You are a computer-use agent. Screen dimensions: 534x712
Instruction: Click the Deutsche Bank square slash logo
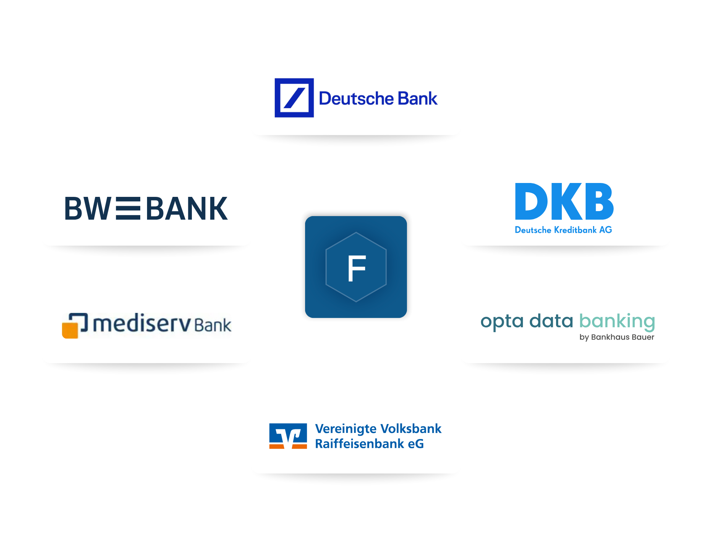294,98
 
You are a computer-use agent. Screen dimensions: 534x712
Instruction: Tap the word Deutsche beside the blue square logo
356,99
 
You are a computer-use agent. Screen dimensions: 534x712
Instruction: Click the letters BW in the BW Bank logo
88,208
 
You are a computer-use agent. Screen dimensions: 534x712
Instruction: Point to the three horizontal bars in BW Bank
128,208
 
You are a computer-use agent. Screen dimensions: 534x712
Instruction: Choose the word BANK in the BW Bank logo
187,208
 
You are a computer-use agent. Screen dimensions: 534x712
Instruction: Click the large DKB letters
564,201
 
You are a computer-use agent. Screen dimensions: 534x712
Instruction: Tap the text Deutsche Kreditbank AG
563,230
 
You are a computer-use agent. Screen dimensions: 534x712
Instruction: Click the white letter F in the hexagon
356,268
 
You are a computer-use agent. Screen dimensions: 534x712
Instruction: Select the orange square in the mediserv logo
70,330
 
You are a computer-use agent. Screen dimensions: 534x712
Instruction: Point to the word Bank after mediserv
213,325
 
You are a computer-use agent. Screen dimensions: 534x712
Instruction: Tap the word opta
502,321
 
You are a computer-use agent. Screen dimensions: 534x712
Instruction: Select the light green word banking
617,321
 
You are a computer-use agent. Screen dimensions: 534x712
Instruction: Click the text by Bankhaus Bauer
617,337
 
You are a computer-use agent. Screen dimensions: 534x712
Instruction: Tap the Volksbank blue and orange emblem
288,436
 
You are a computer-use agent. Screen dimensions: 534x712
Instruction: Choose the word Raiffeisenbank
360,444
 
